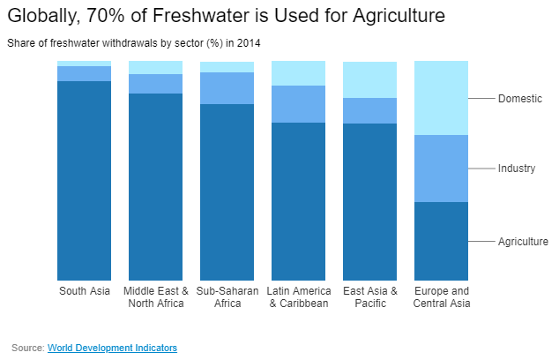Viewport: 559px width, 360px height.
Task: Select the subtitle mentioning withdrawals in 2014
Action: point(134,42)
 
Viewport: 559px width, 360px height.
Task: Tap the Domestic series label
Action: point(519,99)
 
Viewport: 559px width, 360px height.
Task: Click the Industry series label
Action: point(517,168)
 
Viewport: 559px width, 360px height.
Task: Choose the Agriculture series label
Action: point(523,242)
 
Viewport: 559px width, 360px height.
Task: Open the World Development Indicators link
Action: point(112,348)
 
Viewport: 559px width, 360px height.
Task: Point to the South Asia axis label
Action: point(84,291)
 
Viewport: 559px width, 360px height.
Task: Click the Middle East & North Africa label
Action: point(156,297)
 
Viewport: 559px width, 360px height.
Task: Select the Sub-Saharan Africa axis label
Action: point(227,297)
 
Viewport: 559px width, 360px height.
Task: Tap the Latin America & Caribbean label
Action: point(298,297)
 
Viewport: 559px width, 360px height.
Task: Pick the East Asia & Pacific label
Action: point(369,297)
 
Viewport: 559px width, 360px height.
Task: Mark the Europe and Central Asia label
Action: point(441,297)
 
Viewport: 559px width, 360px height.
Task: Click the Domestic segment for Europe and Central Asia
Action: point(441,98)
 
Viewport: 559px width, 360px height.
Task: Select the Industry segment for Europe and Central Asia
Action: point(441,169)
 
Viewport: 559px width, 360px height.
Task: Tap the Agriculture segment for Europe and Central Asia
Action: point(441,241)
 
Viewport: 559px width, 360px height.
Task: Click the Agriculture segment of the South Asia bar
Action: point(84,181)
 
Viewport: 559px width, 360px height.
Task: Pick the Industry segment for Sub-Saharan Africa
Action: point(227,88)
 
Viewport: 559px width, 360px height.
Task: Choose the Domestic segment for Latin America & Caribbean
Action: point(298,73)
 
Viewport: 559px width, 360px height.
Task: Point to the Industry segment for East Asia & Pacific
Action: point(369,110)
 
